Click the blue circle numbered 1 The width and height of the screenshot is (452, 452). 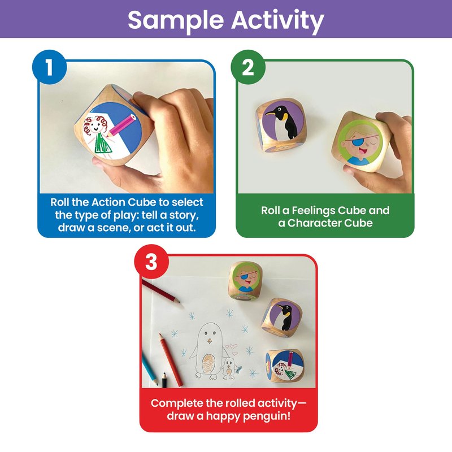click(49, 67)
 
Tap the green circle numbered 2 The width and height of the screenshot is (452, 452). click(248, 67)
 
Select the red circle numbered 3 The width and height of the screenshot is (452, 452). click(151, 262)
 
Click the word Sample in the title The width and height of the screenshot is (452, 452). click(176, 21)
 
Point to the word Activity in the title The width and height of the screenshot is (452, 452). click(277, 20)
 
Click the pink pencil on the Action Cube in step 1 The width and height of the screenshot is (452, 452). click(121, 125)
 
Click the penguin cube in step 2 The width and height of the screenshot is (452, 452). click(280, 125)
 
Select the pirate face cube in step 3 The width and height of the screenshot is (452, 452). click(245, 280)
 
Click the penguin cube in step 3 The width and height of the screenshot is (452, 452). click(281, 318)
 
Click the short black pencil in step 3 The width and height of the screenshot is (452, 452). click(164, 380)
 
